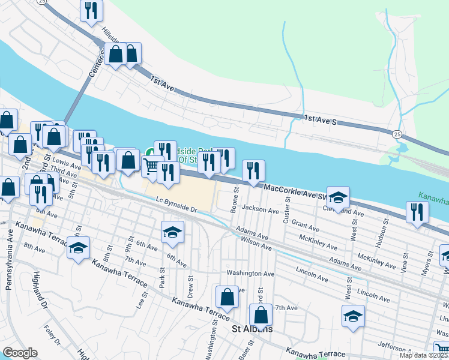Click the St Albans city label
click(x=253, y=329)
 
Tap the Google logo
click(x=20, y=353)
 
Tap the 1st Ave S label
click(x=322, y=120)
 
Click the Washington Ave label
click(x=250, y=274)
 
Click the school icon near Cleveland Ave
click(x=338, y=198)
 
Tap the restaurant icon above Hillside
click(x=91, y=10)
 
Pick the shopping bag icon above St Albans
click(x=261, y=314)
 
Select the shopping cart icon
click(x=152, y=166)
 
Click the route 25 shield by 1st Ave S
click(x=397, y=134)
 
